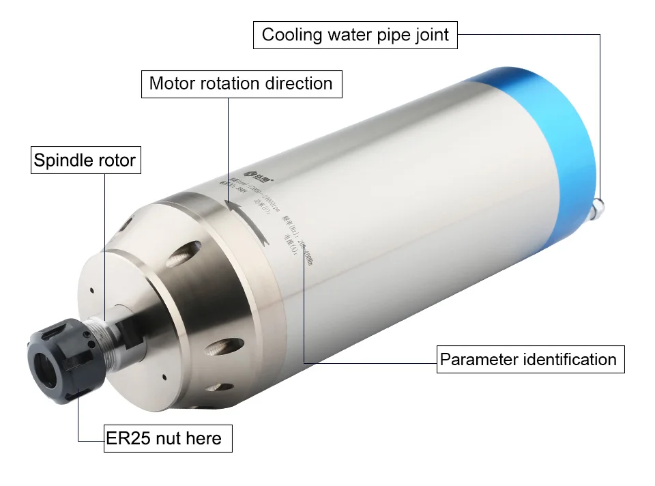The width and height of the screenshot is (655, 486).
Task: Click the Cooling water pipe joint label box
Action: point(355,35)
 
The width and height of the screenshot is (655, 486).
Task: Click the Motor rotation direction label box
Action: point(241,84)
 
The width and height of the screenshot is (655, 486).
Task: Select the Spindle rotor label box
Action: point(85,162)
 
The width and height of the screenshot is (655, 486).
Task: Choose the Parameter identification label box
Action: point(529,359)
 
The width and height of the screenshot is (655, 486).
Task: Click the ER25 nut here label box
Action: point(164,438)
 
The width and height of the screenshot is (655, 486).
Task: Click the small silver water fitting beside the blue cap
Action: point(600,205)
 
